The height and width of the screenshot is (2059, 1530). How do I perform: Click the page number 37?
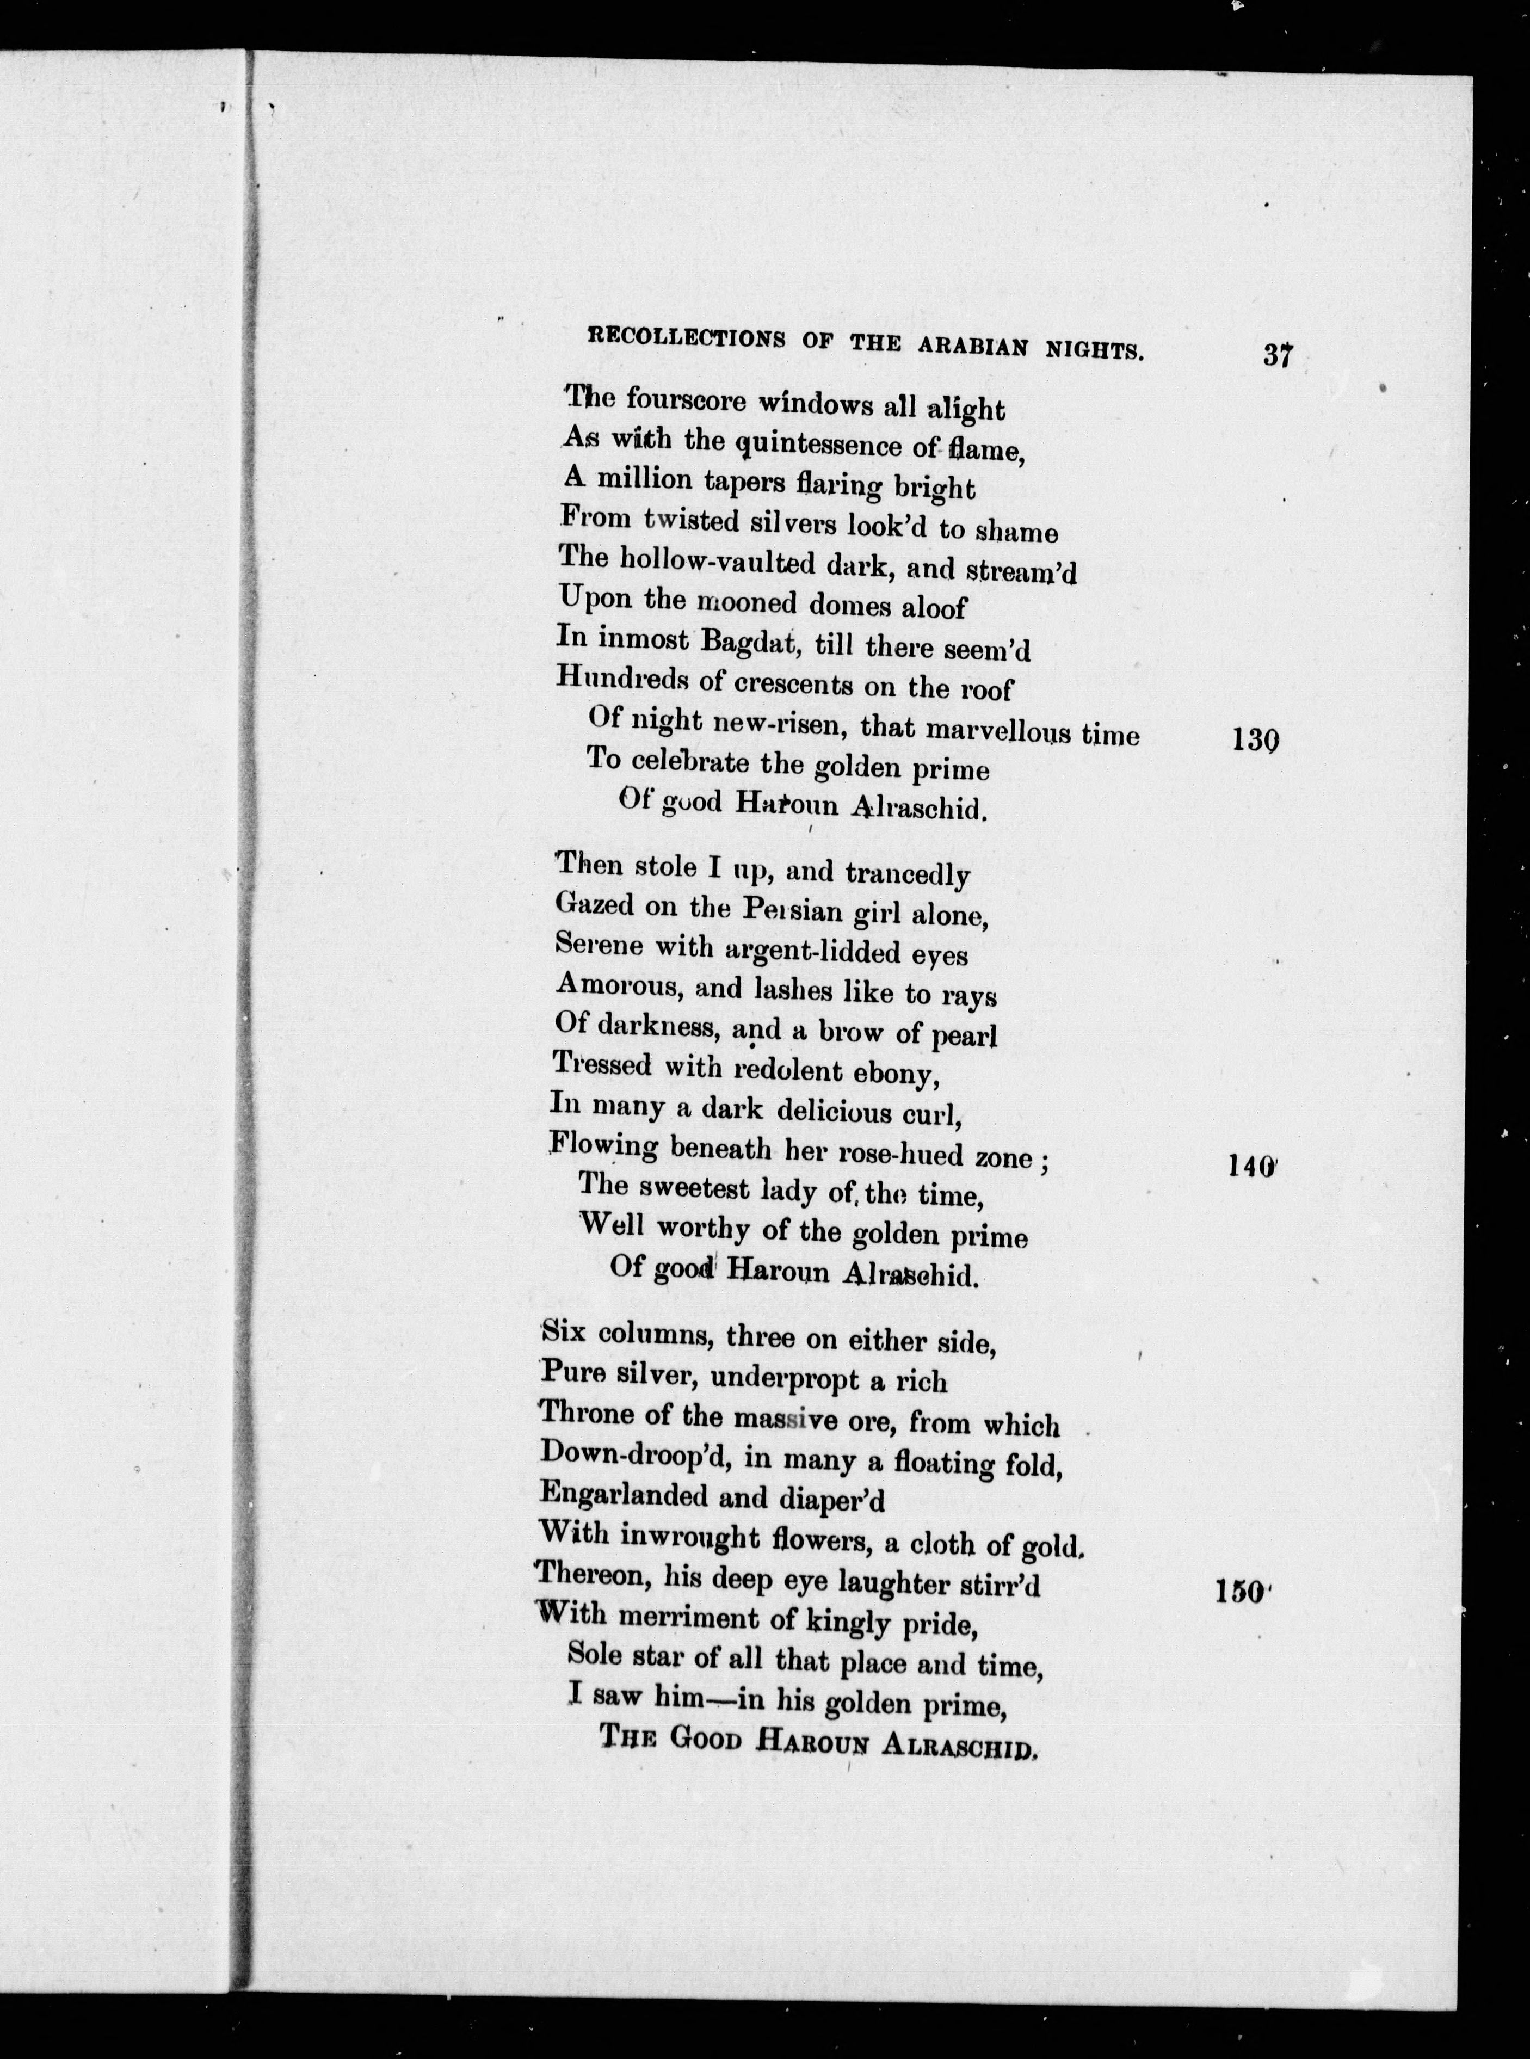click(1276, 356)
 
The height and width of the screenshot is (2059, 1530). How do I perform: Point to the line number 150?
click(1240, 1591)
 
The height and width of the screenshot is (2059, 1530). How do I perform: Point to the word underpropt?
click(786, 1380)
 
